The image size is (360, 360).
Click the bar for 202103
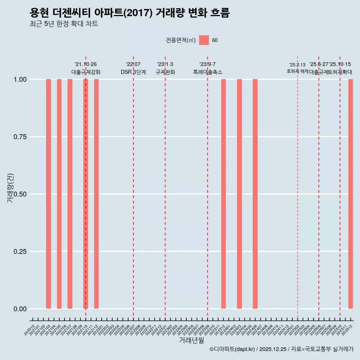(48, 194)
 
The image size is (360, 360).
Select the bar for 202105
(59, 194)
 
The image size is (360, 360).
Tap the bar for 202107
(70, 194)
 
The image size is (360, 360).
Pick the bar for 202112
(96, 194)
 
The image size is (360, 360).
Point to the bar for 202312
(223, 194)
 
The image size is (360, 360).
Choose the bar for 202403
(239, 194)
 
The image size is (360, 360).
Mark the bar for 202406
(255, 194)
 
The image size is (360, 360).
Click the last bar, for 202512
(351, 194)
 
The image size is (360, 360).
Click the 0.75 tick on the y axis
(19, 137)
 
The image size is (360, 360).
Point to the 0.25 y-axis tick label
(19, 252)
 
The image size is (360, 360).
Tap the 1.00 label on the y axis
(19, 79)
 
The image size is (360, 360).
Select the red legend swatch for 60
(204, 40)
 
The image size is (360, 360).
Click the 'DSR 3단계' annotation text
(133, 72)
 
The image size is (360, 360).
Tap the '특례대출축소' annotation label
(208, 72)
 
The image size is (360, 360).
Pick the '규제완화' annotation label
(165, 72)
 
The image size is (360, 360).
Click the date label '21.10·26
(85, 64)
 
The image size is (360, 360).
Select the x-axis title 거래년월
(192, 340)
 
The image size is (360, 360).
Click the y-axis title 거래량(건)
(10, 188)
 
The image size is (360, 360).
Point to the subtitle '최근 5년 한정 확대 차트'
(64, 24)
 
